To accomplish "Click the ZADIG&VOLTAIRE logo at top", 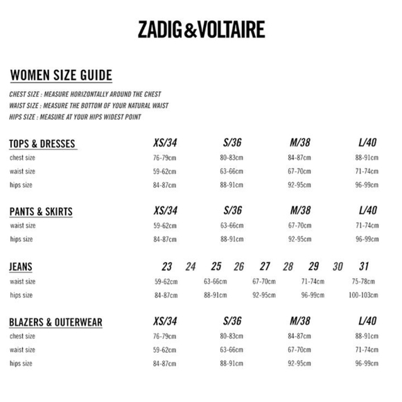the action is coord(200,30).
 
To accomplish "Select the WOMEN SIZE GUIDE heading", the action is coord(61,76).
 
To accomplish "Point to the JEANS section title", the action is coord(21,267).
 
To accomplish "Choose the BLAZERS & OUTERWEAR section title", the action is coord(55,322).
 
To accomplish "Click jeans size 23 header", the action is coord(166,267).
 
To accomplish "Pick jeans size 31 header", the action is coord(365,267).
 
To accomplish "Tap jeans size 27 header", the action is coord(265,267).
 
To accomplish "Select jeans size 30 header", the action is coord(338,267).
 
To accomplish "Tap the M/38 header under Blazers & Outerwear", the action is coord(299,322).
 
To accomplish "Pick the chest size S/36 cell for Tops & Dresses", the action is coord(232,158).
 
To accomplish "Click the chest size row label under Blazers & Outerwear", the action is coord(22,336).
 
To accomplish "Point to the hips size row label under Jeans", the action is coord(21,295).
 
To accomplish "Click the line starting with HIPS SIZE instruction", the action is coord(75,117).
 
